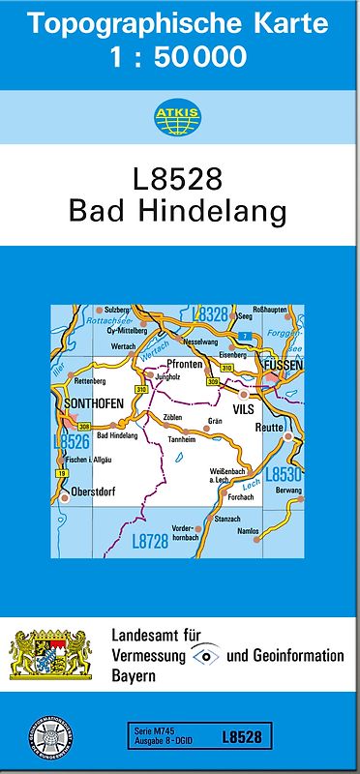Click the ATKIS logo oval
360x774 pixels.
(180, 117)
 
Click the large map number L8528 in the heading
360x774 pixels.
(180, 179)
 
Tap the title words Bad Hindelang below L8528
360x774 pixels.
(180, 211)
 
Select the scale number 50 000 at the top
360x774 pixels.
(208, 57)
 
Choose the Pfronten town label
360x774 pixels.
(184, 365)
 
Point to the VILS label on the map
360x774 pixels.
(242, 408)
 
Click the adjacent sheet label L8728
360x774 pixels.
(150, 543)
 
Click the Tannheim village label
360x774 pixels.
(181, 439)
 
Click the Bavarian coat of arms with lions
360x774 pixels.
(49, 655)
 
